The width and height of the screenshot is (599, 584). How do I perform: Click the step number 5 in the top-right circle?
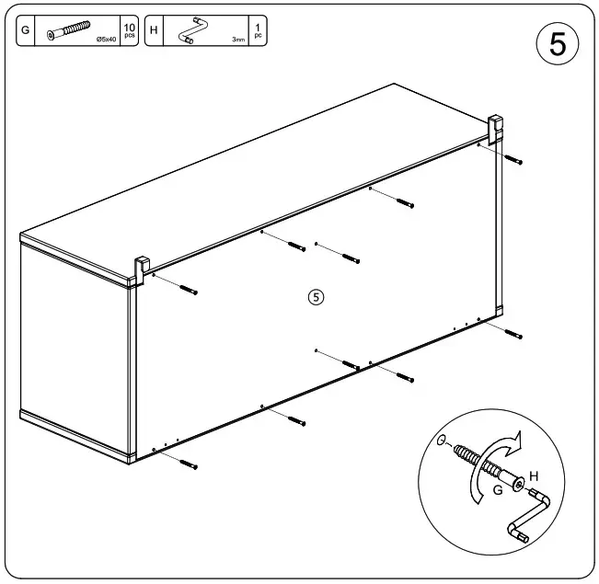click(x=557, y=44)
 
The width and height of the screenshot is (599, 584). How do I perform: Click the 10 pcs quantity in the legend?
click(x=129, y=30)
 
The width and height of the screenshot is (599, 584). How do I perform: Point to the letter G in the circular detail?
click(x=497, y=491)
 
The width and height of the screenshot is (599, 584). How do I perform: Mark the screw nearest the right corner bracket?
click(x=513, y=160)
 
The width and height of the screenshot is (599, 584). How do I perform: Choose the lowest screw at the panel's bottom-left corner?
click(x=189, y=465)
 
